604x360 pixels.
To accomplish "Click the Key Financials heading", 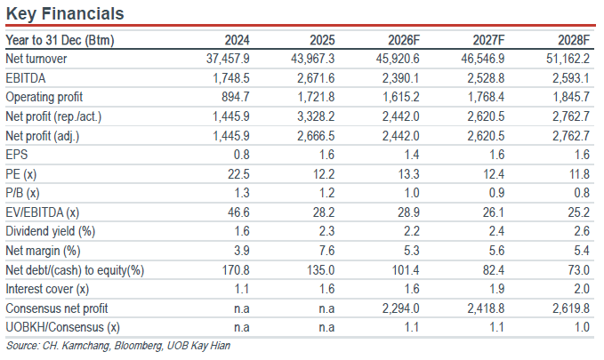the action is coord(65,13).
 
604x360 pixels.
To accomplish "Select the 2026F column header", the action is coord(403,40).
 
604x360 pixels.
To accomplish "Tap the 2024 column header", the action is coord(237,40).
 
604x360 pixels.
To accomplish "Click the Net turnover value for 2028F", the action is coord(568,59).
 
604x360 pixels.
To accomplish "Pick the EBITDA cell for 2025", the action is coord(316,78).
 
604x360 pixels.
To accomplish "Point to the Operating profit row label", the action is coord(44,98).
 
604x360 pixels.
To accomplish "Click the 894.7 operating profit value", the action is coord(236,97).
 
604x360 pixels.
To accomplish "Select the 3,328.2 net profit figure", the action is coord(316,116).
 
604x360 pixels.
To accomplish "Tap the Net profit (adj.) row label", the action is coord(43,136).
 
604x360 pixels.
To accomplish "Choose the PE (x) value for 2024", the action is coord(238,174).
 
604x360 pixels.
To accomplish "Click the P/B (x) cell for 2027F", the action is coord(496,193).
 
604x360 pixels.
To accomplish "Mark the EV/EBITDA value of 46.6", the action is coord(238,212).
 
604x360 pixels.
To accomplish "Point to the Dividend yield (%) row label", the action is coord(51,231).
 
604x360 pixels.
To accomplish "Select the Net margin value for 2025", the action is coord(326,251).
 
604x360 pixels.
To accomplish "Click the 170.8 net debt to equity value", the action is coord(236,270).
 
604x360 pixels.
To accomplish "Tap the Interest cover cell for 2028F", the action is coord(582,289).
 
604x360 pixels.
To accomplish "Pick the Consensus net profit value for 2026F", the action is coord(400,308).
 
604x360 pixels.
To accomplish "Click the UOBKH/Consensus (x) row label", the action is coord(63,328).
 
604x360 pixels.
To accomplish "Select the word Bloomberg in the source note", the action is coord(138,346).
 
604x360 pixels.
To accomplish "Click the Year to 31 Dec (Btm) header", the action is coord(60,40).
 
